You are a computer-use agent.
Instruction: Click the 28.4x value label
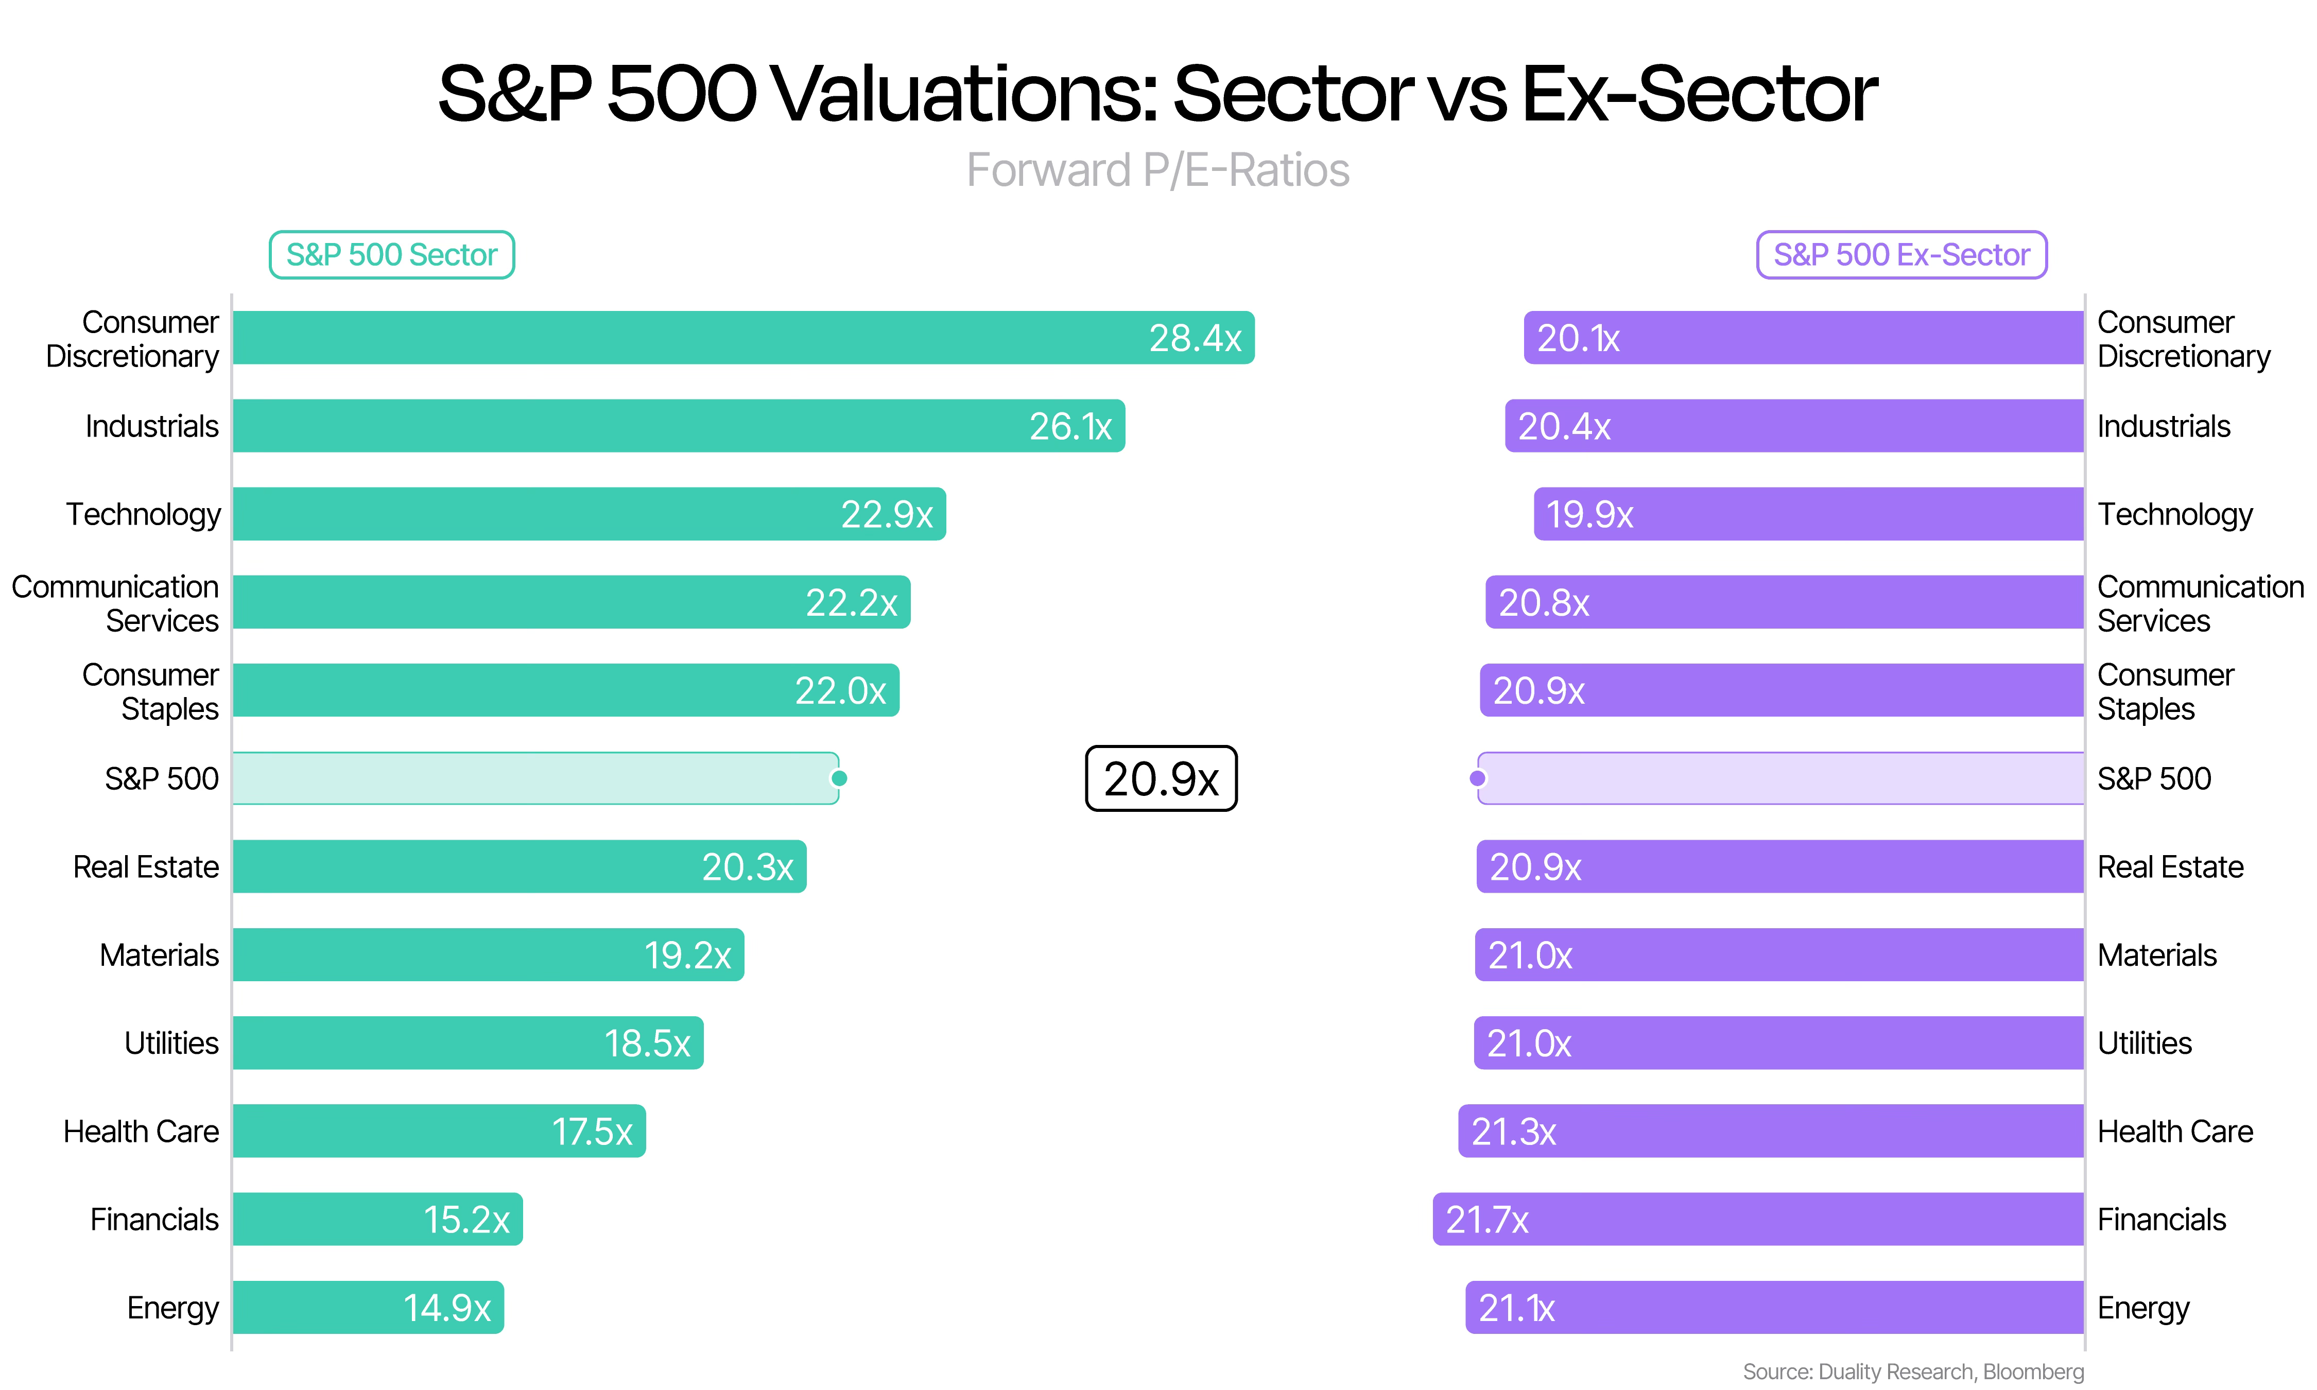point(1195,338)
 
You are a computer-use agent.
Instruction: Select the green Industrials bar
point(679,426)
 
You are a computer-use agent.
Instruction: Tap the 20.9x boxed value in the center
point(1161,778)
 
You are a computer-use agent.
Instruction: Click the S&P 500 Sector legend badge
point(391,255)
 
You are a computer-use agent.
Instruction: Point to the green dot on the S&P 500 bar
point(839,778)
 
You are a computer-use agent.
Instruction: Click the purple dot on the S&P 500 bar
point(1478,778)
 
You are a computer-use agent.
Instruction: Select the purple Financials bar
point(1758,1220)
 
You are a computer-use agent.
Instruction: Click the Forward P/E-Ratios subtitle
point(1157,170)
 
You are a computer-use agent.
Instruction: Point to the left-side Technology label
point(143,514)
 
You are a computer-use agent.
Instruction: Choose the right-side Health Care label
point(2175,1132)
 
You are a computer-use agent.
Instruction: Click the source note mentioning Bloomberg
point(1913,1371)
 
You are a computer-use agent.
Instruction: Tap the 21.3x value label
point(1513,1132)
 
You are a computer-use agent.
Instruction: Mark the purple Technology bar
point(1808,514)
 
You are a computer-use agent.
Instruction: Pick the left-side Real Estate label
point(146,866)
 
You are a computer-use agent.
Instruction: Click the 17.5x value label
point(592,1132)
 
